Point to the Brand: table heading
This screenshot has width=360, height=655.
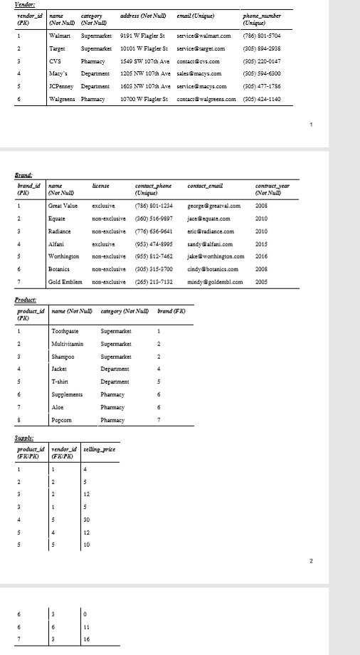23,173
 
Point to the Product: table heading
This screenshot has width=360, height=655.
26,300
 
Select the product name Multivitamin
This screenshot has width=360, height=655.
68,344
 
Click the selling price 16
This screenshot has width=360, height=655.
86,639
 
